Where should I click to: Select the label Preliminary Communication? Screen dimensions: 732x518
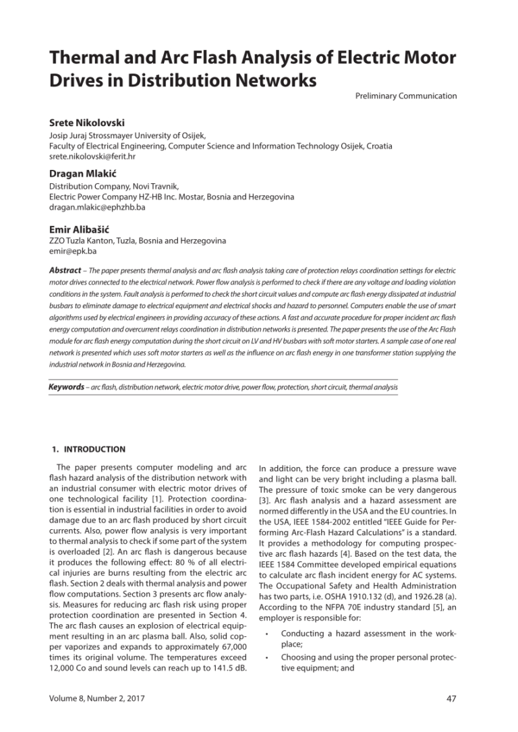[405, 96]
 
